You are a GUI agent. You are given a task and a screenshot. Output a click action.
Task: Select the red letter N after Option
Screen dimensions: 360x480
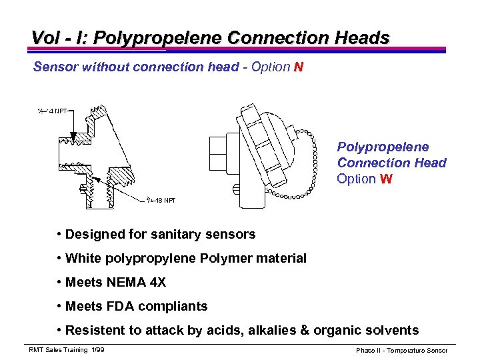299,67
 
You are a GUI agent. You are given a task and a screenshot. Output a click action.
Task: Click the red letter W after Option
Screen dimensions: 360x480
385,179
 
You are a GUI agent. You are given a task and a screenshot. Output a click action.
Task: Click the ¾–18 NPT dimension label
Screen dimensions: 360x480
161,199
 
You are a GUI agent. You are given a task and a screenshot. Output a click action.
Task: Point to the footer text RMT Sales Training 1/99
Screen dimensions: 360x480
66,350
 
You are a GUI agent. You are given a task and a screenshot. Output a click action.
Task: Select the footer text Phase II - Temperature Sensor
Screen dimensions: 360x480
401,350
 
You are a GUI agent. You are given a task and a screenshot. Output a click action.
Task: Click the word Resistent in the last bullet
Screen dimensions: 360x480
94,330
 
